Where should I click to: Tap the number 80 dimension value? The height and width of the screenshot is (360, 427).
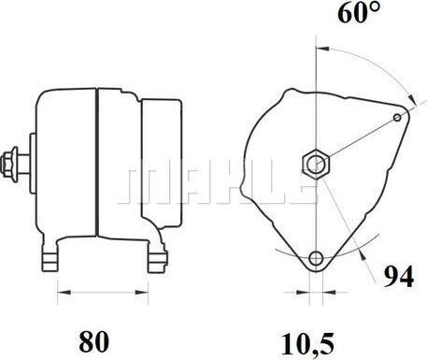click(94, 341)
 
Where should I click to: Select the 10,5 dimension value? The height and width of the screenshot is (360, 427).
click(307, 344)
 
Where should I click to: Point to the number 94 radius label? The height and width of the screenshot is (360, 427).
click(399, 277)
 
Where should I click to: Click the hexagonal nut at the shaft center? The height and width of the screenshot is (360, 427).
click(316, 164)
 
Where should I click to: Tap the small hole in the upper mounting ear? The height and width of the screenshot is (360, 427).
click(397, 118)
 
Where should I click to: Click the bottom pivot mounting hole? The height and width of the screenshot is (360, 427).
click(316, 258)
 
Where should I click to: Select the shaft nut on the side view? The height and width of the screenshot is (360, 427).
click(8, 165)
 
